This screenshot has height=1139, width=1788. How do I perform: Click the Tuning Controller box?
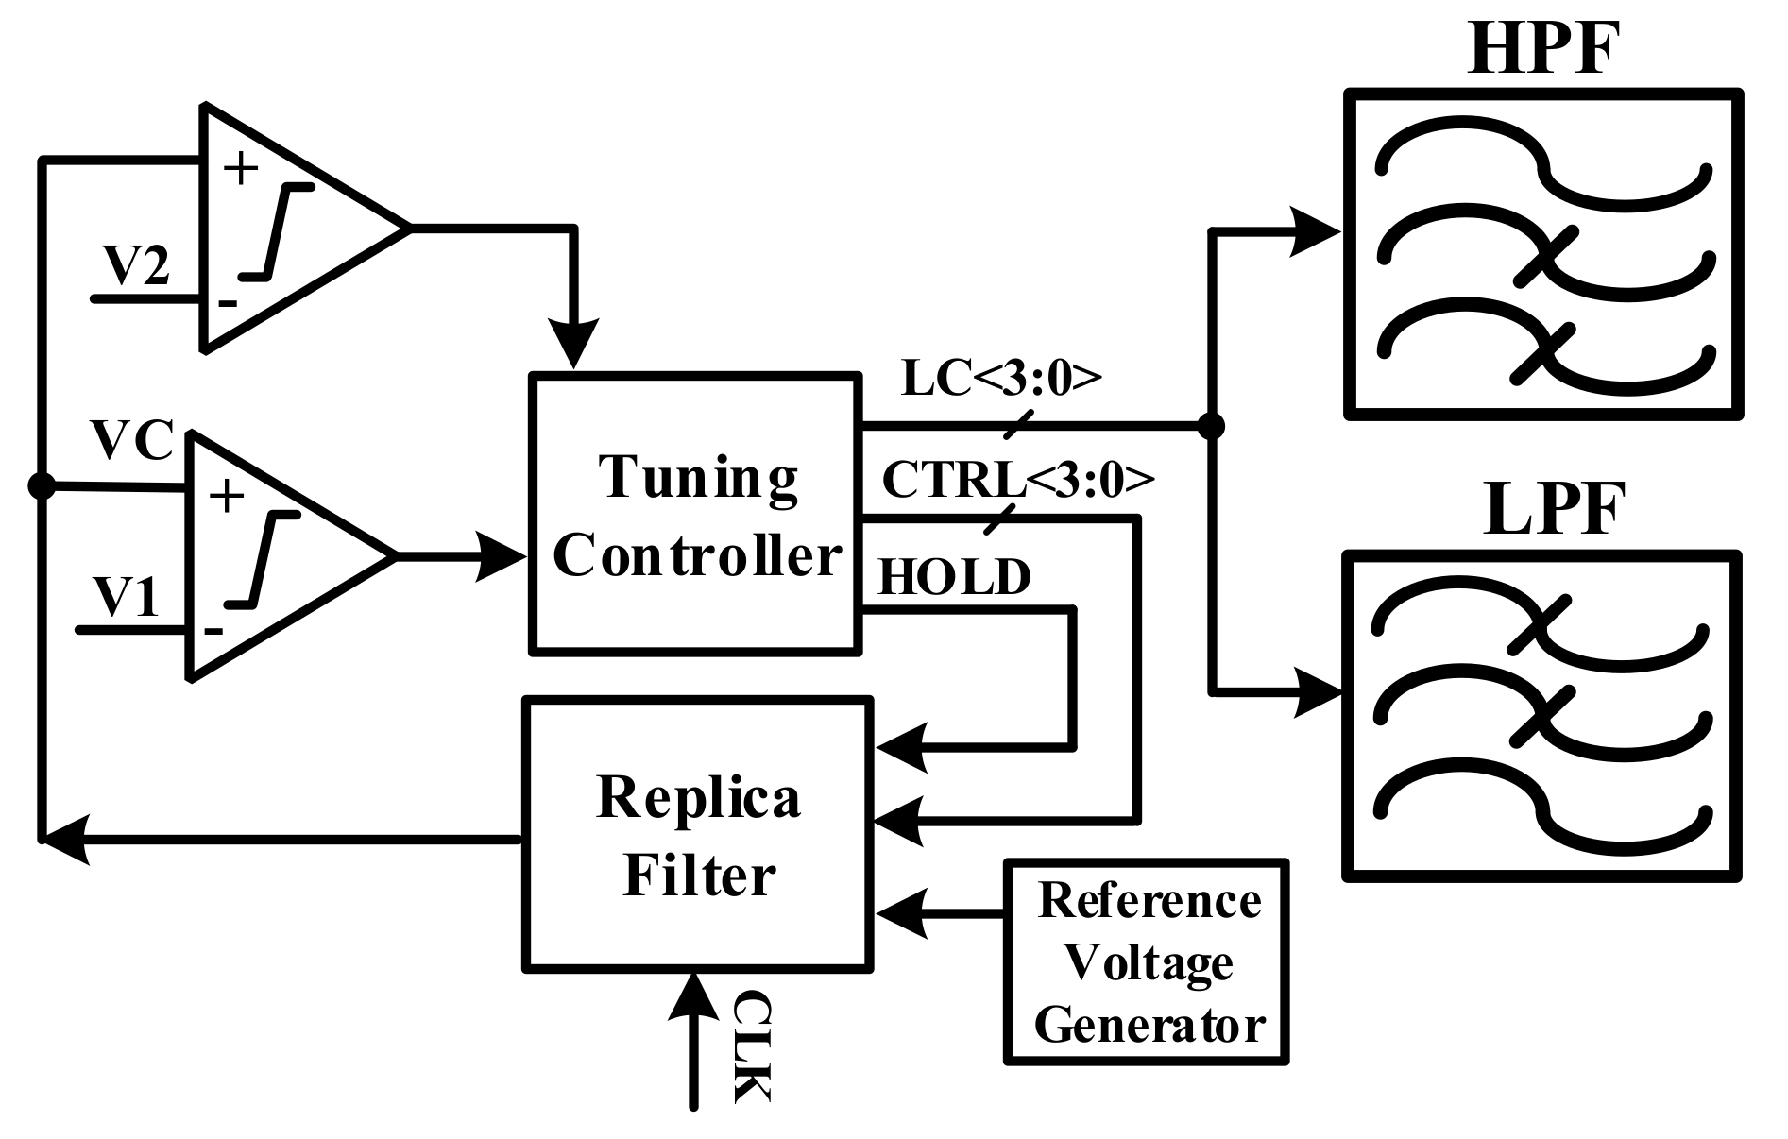[x=696, y=515]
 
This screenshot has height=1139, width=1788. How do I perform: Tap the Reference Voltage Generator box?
[x=1147, y=962]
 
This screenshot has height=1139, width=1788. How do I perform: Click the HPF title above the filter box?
[x=1542, y=49]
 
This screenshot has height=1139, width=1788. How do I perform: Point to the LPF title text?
[x=1542, y=510]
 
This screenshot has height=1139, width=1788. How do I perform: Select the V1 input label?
[x=127, y=597]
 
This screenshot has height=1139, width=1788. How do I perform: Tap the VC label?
[x=132, y=440]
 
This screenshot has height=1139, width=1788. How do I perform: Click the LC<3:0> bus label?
[x=1001, y=378]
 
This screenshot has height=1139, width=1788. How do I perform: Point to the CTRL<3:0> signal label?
[x=1017, y=480]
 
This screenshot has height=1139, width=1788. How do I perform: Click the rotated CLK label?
[x=752, y=1045]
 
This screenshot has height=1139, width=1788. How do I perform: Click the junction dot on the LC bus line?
[x=1211, y=427]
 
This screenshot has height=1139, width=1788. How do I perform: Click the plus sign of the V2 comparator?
[x=241, y=170]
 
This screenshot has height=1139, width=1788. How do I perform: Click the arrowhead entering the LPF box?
[x=1317, y=694]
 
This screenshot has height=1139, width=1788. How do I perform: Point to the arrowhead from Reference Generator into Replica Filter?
[x=902, y=913]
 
